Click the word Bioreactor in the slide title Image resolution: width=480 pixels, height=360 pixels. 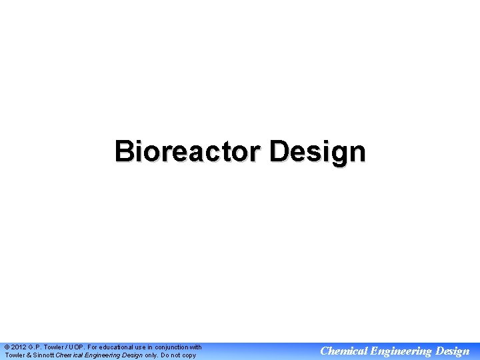click(188, 151)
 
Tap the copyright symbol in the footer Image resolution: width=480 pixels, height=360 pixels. click(7, 347)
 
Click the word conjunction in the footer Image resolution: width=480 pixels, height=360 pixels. click(169, 347)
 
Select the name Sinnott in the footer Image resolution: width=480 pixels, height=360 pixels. click(42, 355)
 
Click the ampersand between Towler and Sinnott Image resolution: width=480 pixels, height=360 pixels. click(26, 355)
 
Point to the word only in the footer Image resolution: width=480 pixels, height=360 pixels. click(151, 355)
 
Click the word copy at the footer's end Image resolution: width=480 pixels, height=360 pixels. click(189, 355)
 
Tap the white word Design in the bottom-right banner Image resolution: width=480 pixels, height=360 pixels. click(451, 351)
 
